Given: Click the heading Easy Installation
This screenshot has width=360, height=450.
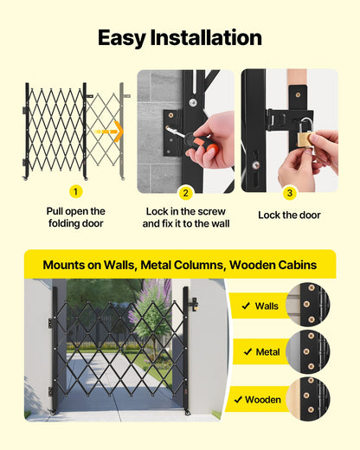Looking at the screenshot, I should coord(179,38).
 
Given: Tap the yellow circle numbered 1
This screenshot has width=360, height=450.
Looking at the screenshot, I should coord(75,192).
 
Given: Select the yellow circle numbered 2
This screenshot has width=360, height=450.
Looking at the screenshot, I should coord(185,193).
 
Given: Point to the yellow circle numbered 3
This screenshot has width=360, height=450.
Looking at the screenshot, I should coord(289,193).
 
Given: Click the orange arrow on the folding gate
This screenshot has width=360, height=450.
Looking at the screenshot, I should coord(110,132).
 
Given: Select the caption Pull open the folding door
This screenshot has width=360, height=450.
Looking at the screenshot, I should coord(75,217).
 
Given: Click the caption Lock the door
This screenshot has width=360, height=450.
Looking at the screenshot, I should coord(289,215).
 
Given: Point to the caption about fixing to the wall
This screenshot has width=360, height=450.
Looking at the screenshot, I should coord(185,217).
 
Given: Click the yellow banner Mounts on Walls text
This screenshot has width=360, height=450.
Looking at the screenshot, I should coord(179,264).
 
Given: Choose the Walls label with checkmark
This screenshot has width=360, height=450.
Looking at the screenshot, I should coord(260,305).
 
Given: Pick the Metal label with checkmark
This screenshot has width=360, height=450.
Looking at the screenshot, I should coord(260,352).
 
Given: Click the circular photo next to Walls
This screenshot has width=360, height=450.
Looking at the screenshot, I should coord(307,305).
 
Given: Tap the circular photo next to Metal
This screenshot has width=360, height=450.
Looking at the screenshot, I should coord(307,351).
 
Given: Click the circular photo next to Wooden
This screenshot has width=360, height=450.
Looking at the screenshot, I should coord(307,399).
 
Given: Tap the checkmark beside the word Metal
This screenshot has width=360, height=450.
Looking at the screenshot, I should coord(247,352).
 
